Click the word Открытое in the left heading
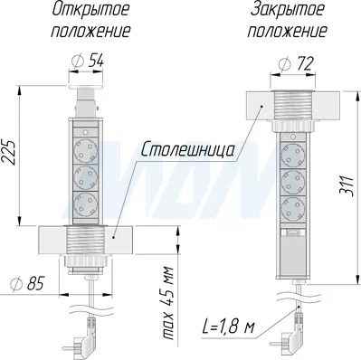pos(90,10)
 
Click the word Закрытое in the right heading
pos(288,10)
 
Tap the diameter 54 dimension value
pos(88,62)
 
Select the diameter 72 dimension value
pos(296,63)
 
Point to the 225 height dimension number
pos(10,152)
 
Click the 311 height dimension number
pos(348,185)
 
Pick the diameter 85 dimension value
pos(27,284)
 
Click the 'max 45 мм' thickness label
pos(168,303)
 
